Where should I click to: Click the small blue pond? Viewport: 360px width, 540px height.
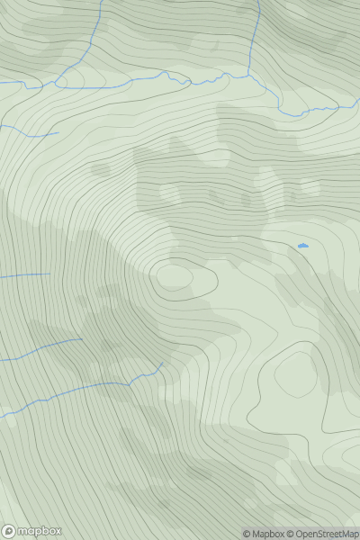tap(302, 245)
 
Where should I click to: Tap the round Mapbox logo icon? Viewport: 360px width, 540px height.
tap(10, 531)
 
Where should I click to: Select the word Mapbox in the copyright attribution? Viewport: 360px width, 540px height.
tap(268, 534)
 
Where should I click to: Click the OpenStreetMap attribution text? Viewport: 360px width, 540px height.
tap(324, 534)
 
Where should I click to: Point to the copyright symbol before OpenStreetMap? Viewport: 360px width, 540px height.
tap(292, 534)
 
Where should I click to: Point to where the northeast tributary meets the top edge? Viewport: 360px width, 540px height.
tap(258, 1)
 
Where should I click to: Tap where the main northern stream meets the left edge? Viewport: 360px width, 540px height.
tap(1, 83)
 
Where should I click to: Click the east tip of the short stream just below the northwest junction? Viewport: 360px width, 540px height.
tap(58, 133)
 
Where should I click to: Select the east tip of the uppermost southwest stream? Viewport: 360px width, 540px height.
tap(49, 274)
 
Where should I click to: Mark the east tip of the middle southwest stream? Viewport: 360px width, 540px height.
tap(82, 339)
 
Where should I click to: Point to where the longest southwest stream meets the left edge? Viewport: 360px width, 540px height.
tap(1, 416)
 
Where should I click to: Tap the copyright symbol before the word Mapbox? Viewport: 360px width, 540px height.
tap(247, 534)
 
